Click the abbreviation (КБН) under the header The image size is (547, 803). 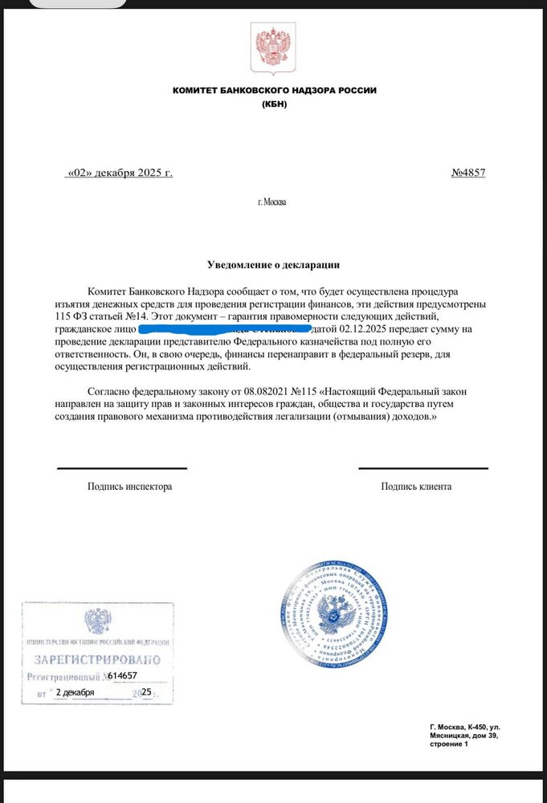(274, 104)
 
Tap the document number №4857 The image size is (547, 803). (468, 172)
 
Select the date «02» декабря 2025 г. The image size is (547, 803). (120, 172)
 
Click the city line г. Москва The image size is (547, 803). (271, 202)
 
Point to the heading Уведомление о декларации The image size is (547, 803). (273, 264)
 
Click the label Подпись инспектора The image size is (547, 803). (129, 486)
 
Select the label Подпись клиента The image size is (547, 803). (416, 486)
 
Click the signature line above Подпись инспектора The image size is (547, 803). (121, 468)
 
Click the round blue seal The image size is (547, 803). (336, 617)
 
